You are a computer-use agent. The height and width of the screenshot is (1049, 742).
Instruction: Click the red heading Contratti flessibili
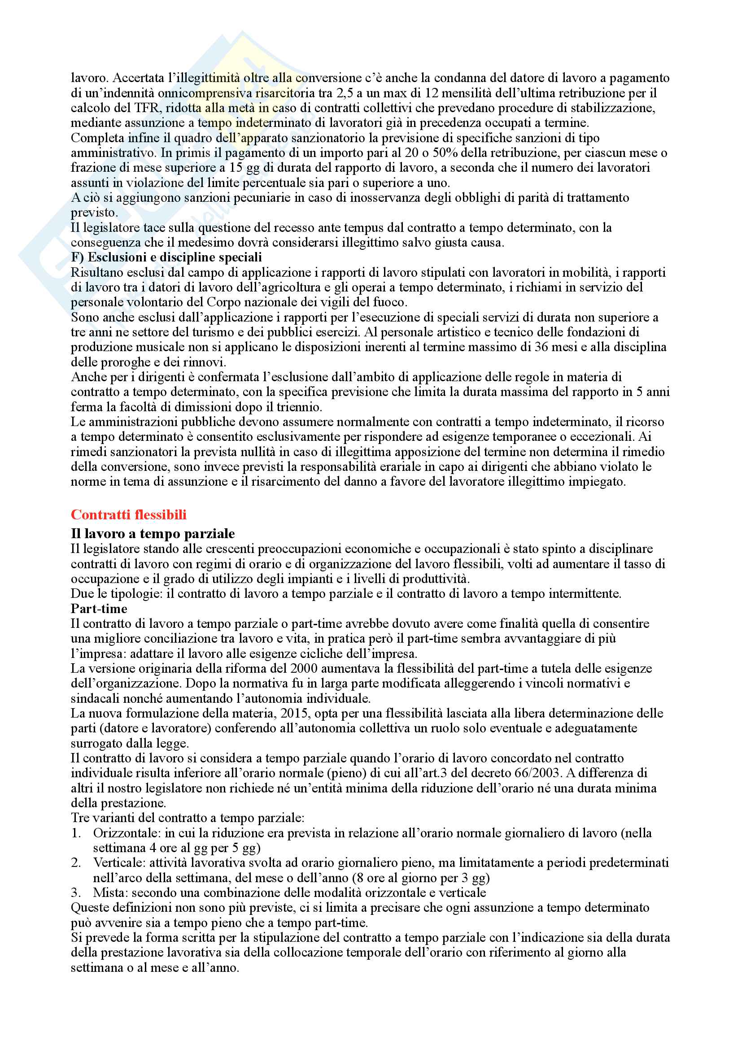pos(128,515)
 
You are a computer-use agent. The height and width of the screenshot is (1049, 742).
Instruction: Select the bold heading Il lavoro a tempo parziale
pos(153,534)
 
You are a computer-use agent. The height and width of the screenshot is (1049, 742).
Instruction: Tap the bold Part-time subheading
pos(99,609)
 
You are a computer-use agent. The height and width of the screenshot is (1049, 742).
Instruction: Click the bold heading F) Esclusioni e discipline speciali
pos(166,257)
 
